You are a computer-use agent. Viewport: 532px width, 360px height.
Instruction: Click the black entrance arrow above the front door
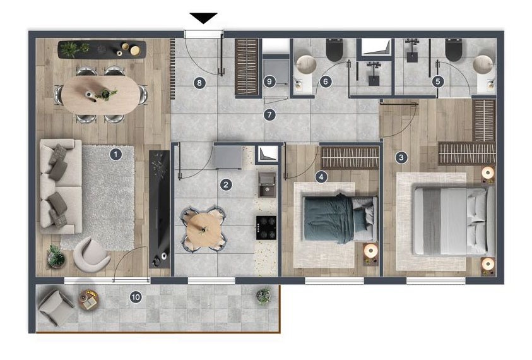(x=203, y=18)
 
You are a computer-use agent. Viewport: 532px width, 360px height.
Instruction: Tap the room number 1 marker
(x=115, y=155)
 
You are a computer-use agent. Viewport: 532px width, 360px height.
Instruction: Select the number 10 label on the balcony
(x=136, y=297)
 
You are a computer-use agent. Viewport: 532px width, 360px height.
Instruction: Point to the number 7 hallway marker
(x=269, y=115)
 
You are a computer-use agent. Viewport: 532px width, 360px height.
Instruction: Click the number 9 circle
(x=269, y=81)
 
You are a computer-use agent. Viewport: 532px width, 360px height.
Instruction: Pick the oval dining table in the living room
(x=101, y=94)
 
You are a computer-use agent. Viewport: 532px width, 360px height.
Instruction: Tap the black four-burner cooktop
(x=266, y=227)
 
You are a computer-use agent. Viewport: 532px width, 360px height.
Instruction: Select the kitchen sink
(x=268, y=184)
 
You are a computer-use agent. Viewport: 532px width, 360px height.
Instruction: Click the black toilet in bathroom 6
(x=335, y=49)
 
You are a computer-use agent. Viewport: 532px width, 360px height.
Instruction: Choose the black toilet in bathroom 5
(x=454, y=49)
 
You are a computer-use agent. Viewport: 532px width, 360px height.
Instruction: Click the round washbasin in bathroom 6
(x=306, y=64)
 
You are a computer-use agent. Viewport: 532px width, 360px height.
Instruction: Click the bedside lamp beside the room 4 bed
(x=370, y=251)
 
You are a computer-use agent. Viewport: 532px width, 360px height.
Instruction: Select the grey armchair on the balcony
(x=56, y=307)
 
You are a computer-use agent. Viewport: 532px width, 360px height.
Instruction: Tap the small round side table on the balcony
(x=89, y=299)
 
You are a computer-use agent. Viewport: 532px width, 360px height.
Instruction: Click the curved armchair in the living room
(x=92, y=255)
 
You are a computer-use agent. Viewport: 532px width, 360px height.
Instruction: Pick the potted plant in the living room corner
(x=56, y=256)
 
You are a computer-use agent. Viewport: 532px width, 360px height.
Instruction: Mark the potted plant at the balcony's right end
(x=264, y=295)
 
